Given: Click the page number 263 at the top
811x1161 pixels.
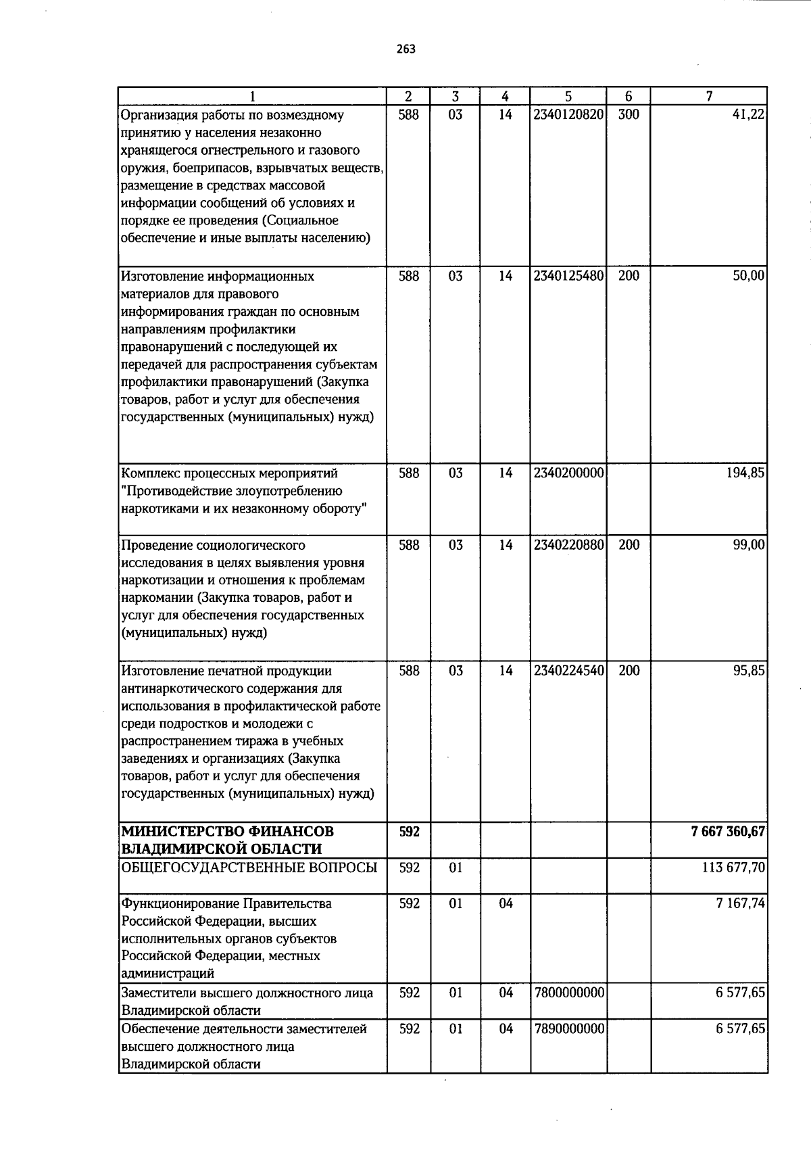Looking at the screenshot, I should (x=405, y=49).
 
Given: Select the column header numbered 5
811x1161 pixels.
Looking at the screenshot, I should (x=568, y=97).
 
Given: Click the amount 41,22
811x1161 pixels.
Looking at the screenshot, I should (x=748, y=115).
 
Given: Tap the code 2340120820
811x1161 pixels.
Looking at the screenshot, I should (x=568, y=115).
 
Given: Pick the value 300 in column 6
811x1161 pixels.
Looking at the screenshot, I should (x=629, y=115).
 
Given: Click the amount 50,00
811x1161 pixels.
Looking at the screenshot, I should (x=748, y=276).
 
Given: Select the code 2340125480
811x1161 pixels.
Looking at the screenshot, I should (x=568, y=276).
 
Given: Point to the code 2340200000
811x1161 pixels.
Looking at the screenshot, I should (x=568, y=473).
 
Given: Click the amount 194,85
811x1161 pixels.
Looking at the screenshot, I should (x=745, y=473).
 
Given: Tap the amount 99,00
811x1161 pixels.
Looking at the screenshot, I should (x=748, y=545).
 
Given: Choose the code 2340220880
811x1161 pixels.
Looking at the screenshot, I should (x=568, y=545).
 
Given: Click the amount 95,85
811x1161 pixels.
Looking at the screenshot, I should (x=748, y=671).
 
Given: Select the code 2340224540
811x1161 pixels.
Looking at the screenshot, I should (x=568, y=671).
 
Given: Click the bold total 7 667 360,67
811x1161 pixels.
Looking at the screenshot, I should (x=728, y=832).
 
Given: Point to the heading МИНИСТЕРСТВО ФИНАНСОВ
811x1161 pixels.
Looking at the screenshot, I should (x=227, y=832).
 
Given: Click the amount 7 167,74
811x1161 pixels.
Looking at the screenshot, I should (x=740, y=903).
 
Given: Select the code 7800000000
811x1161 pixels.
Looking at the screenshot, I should (x=568, y=993).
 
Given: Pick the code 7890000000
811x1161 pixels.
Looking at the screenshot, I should (x=568, y=1028).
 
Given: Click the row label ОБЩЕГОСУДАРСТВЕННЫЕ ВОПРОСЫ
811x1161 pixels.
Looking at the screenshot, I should (x=248, y=868).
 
